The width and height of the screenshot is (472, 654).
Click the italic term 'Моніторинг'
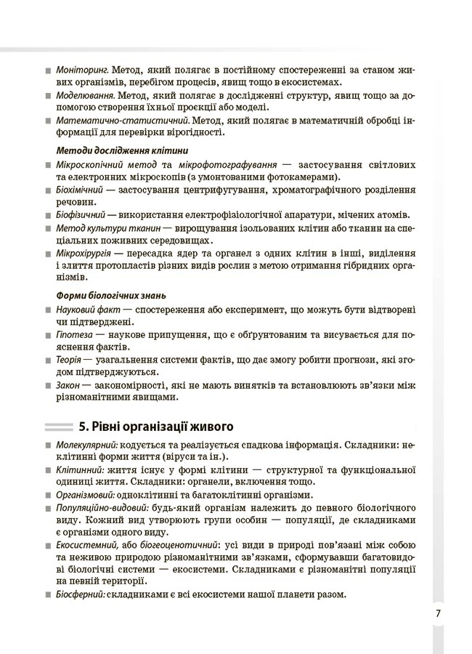click(x=81, y=70)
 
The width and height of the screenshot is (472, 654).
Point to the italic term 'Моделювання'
click(x=84, y=94)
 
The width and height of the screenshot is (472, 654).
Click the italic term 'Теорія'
click(x=69, y=360)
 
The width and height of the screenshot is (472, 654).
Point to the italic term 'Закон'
click(x=68, y=385)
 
